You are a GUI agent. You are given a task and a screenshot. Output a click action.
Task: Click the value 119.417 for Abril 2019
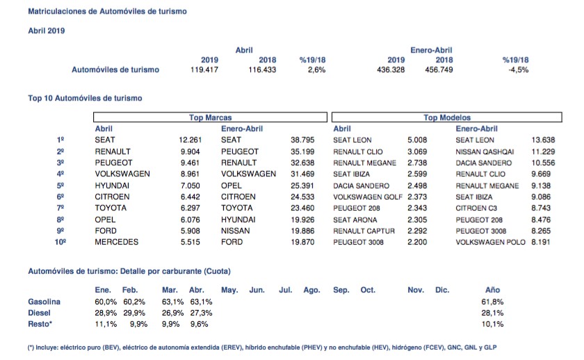(x=204, y=69)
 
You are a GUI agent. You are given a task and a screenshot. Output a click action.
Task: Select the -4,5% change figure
(x=518, y=69)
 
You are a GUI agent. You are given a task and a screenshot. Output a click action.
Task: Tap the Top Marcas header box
(x=210, y=117)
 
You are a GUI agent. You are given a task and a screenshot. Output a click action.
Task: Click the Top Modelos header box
(x=446, y=117)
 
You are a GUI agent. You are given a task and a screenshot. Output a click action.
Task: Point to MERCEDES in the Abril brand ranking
(x=116, y=242)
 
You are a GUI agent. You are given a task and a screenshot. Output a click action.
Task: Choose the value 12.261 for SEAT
(x=190, y=140)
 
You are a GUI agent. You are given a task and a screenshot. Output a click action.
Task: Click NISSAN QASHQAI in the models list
(x=485, y=152)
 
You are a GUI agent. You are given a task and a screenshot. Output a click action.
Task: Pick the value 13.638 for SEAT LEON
(x=543, y=140)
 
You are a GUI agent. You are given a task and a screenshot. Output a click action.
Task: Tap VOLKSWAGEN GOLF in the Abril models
(x=368, y=197)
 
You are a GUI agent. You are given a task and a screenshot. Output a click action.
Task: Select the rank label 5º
(x=60, y=186)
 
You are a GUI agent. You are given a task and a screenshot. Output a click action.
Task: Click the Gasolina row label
(x=44, y=302)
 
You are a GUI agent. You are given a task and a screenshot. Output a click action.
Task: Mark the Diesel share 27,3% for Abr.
(x=201, y=313)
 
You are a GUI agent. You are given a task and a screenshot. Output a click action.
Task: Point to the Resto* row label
(x=40, y=324)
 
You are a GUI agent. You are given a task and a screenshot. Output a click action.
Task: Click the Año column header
(x=492, y=290)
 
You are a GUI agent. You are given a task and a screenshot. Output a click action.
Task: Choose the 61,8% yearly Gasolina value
(x=492, y=302)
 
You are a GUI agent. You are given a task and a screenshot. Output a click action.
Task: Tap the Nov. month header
(x=416, y=290)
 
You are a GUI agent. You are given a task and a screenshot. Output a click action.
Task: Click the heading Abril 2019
(x=46, y=31)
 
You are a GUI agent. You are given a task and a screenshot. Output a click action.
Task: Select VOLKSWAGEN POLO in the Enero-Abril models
(x=490, y=242)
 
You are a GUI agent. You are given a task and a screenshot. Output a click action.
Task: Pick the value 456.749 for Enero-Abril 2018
(x=439, y=69)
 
